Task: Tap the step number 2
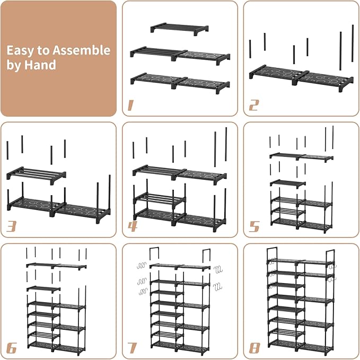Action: (x=253, y=104)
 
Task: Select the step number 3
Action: (x=11, y=226)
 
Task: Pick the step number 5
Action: (x=254, y=226)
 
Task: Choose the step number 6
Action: (x=11, y=348)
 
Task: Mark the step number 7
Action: (x=132, y=348)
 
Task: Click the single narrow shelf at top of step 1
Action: (x=179, y=28)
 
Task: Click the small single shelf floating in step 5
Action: (x=288, y=183)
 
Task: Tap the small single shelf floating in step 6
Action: (x=43, y=289)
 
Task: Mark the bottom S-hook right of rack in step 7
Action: (x=217, y=287)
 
